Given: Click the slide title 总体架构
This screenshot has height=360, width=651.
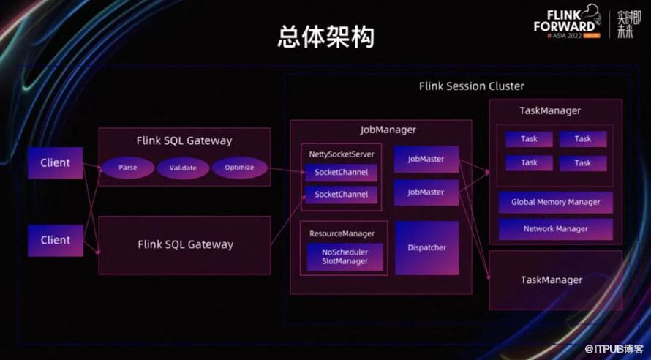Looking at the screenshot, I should point(325,37).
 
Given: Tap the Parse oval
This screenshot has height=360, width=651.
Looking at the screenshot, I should point(128,168).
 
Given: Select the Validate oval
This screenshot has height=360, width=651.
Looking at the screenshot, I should point(183,168).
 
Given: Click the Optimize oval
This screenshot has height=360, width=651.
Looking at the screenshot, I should point(239,168).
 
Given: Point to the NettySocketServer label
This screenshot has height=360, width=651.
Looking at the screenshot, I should point(342,154).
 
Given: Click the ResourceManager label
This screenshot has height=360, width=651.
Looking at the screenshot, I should point(342,233).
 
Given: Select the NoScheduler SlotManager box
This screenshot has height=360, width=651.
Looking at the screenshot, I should point(345,257).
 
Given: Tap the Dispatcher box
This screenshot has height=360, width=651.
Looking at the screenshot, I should point(426,247).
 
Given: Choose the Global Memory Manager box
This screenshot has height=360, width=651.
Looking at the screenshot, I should point(556,202).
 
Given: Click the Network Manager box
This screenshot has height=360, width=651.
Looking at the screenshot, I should point(556,228).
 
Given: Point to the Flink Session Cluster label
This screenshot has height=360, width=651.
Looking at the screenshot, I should point(471,86).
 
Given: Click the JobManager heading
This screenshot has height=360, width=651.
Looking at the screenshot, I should point(388,130).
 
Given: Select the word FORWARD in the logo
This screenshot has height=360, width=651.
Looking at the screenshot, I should point(564,26).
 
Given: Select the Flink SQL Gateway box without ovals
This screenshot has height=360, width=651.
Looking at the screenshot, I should point(185,244).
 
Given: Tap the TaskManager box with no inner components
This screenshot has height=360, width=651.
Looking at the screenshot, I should point(552,280).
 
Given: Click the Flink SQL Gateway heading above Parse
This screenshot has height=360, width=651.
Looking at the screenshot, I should point(184,140).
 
